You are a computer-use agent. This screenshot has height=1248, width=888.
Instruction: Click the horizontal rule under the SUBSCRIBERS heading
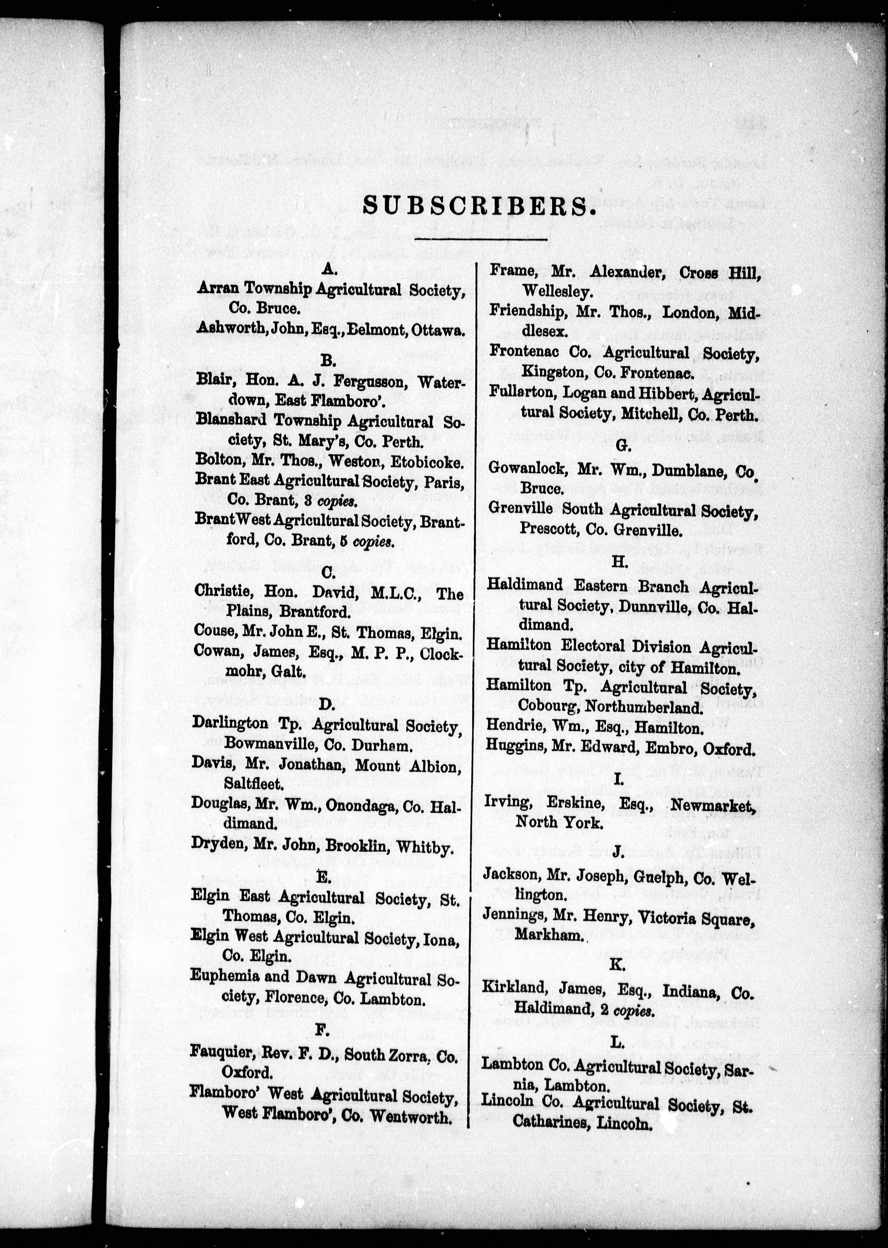(481, 239)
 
